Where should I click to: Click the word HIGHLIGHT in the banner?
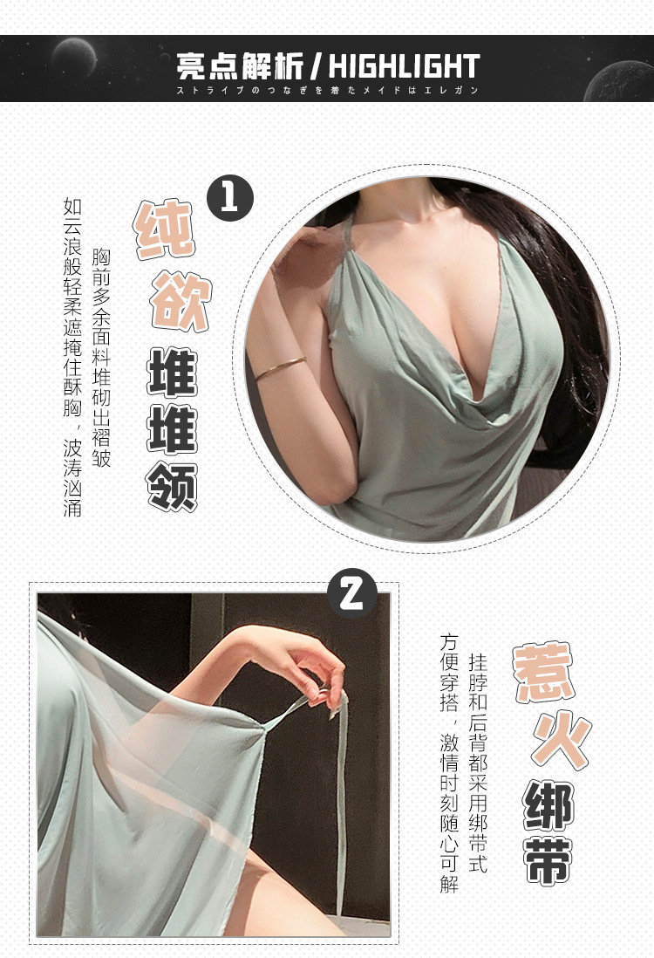tap(405, 66)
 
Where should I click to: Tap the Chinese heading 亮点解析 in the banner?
tap(240, 66)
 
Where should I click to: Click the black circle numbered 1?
tap(230, 198)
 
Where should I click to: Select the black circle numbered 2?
tap(351, 593)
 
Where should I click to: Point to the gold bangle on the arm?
tap(280, 369)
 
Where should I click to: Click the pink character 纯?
tap(164, 229)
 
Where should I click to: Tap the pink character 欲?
tap(181, 302)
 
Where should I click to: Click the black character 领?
tap(172, 486)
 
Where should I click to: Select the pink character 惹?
tap(544, 672)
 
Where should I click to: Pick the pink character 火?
tap(562, 741)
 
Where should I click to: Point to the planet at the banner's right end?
tap(620, 81)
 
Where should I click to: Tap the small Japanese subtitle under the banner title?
tap(327, 91)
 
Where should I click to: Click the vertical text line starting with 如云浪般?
tap(72, 357)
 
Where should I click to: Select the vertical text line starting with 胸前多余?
tap(101, 358)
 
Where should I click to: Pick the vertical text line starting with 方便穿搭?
tap(449, 763)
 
